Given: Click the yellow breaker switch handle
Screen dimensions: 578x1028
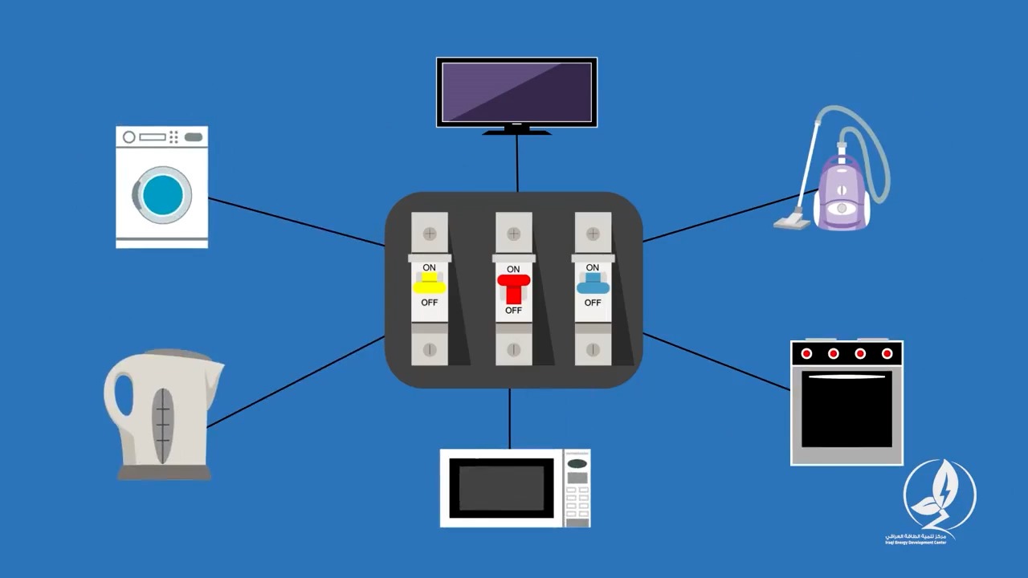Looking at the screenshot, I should coord(430,284).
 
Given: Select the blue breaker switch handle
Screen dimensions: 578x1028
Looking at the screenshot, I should coord(593,283).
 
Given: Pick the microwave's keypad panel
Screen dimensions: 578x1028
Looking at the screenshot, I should coord(577,488).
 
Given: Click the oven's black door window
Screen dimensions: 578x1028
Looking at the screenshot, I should coord(846,409).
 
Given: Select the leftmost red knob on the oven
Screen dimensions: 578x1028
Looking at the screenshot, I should coord(806,353).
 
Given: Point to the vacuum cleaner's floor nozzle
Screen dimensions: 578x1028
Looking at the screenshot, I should coord(792,219).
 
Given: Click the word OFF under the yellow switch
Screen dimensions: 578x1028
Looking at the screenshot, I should coord(430,303).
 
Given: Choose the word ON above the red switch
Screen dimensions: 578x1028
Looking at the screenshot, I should coord(513,269).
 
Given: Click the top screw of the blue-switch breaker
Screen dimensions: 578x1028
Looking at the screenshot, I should coord(593,234).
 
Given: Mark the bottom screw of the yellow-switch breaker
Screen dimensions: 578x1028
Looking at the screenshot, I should coord(430,350).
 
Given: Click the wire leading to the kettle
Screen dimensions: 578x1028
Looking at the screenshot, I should coord(297,381).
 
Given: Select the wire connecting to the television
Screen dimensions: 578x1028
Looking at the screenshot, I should coord(517,163).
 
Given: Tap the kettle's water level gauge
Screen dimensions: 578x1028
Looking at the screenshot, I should coord(164,425).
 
